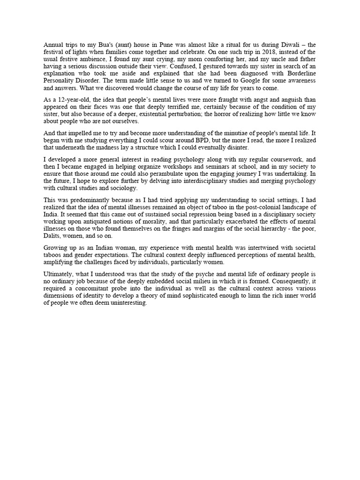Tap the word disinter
(x=234, y=147)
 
